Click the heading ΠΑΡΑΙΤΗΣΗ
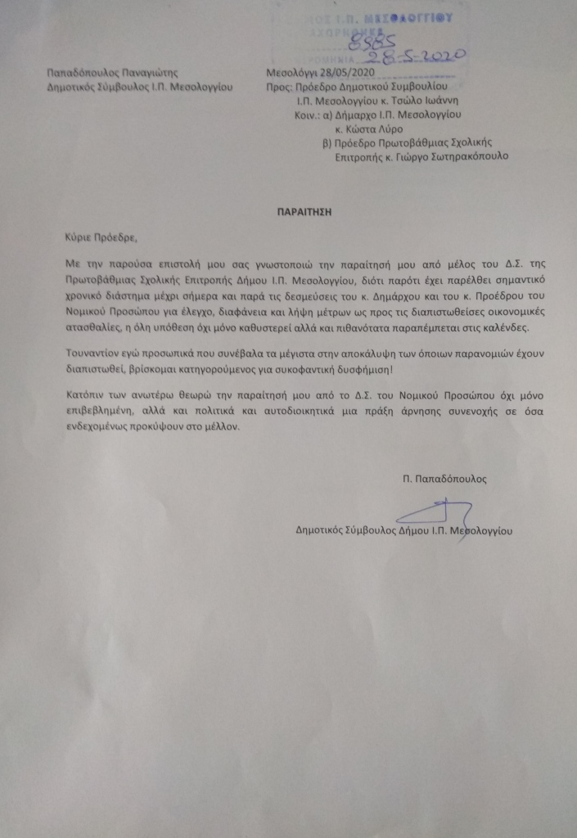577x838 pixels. coord(302,209)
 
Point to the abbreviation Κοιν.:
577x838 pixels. coord(308,115)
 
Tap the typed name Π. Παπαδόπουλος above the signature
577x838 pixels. coord(449,477)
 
